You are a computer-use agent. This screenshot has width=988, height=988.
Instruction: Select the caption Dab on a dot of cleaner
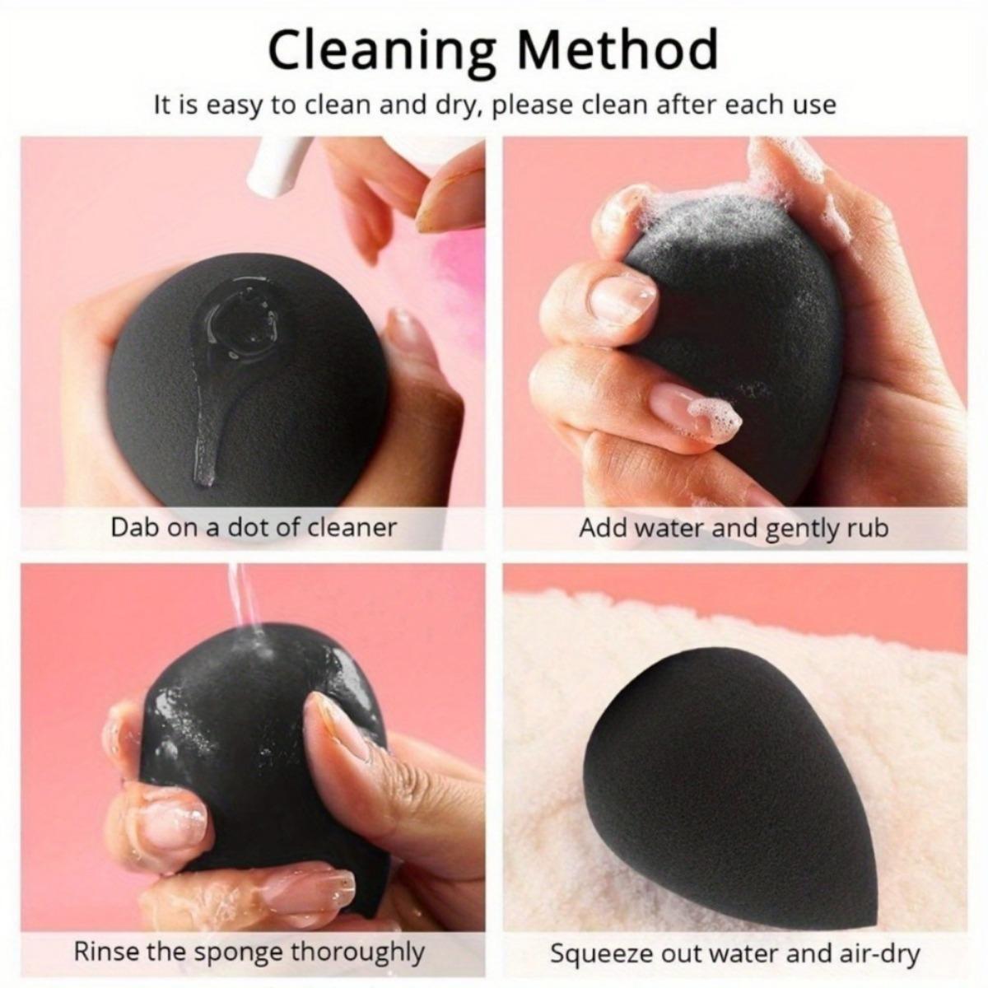click(x=254, y=527)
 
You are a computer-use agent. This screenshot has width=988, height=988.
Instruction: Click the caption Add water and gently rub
click(x=734, y=527)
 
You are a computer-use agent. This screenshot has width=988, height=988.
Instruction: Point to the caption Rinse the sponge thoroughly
click(x=249, y=952)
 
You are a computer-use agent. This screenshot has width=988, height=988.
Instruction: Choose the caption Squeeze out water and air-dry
click(x=734, y=954)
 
